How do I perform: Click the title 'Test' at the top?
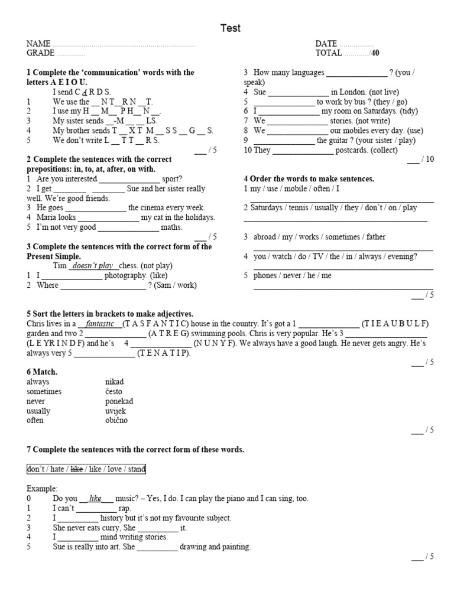pyautogui.click(x=231, y=28)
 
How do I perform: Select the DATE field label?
pyautogui.click(x=326, y=44)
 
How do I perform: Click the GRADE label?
pyautogui.click(x=40, y=53)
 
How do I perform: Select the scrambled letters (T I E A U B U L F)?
pyautogui.click(x=395, y=324)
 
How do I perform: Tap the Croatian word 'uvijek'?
pyautogui.click(x=116, y=411)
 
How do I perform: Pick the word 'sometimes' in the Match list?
pyautogui.click(x=44, y=391)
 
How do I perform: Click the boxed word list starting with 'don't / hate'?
pyautogui.click(x=86, y=469)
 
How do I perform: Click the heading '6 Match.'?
pyautogui.click(x=42, y=372)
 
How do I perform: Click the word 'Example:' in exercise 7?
pyautogui.click(x=42, y=489)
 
